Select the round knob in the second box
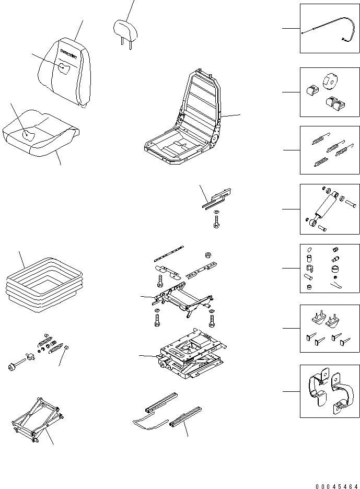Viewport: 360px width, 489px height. pos(331,81)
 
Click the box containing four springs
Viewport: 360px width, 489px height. pos(330,149)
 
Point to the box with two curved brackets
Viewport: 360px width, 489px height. pos(330,391)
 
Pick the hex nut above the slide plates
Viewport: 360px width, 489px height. pos(207,255)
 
